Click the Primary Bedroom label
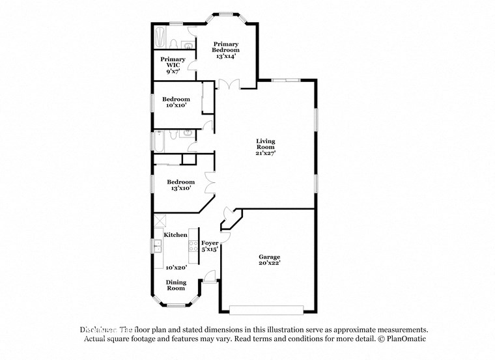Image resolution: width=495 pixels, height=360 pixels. tap(226, 47)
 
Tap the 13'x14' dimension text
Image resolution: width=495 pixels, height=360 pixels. tap(226, 57)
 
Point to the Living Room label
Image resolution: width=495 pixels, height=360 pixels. tap(265, 144)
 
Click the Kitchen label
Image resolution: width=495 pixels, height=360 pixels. tap(175, 234)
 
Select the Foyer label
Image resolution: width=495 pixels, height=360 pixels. tap(209, 243)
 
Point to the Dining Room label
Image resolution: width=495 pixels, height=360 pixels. tap(176, 285)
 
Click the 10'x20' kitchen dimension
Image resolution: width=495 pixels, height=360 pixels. tap(176, 268)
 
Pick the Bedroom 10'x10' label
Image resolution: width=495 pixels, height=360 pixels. tap(176, 102)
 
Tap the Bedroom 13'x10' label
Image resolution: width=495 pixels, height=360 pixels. tap(180, 185)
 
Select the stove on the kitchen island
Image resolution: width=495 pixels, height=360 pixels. tap(193, 245)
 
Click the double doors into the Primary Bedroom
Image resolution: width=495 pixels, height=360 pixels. tap(229, 83)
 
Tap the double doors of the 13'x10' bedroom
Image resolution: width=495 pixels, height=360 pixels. tap(210, 182)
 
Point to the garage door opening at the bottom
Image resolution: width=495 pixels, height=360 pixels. tap(268, 309)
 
